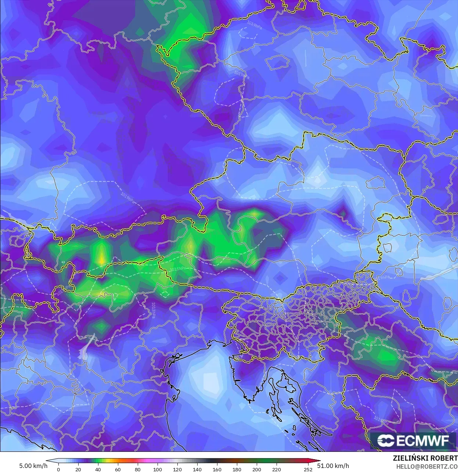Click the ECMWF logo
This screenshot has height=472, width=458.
tap(413, 440)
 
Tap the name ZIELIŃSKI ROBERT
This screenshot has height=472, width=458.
tap(425, 458)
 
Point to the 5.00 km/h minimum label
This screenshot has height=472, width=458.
tap(33, 466)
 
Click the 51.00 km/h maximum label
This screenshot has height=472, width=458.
tap(333, 466)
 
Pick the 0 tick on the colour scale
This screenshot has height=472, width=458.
tap(58, 469)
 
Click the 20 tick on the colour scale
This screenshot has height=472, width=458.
tap(78, 469)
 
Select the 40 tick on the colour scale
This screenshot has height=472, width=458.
tap(98, 469)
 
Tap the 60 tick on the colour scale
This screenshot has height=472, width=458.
tap(118, 469)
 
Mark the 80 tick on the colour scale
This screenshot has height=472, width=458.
tap(137, 469)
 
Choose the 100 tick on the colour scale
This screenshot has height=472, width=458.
tap(157, 469)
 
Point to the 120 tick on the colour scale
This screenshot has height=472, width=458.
tap(177, 469)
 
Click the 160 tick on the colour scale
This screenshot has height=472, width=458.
tap(217, 469)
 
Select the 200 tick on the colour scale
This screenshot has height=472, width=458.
tap(257, 469)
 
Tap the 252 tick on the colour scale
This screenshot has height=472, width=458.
tap(308, 469)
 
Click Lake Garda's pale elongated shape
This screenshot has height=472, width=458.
tap(87, 347)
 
